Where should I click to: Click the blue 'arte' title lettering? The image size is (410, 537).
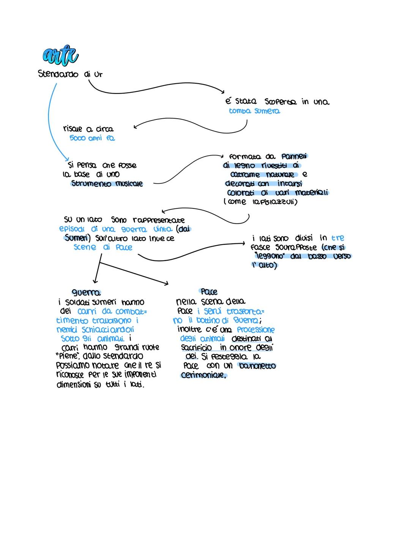tap(60, 57)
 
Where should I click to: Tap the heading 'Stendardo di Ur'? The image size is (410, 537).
tap(71, 74)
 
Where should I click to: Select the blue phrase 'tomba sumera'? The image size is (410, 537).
tap(254, 111)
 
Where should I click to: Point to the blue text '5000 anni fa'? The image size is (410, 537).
tap(92, 138)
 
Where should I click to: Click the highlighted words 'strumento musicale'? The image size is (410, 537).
tap(107, 184)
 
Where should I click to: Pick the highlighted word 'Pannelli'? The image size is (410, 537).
tap(295, 156)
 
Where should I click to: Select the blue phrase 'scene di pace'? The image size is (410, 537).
tap(103, 247)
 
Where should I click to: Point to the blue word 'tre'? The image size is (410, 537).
tap(337, 238)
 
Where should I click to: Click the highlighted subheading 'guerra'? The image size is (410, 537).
tap(86, 292)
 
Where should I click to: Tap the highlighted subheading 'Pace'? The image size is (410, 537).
tap(209, 292)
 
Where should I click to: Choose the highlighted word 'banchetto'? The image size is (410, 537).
tap(257, 366)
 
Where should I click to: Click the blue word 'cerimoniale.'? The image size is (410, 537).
tap(203, 375)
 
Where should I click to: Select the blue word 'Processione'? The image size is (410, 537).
tap(255, 329)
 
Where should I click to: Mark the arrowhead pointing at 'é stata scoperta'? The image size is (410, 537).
tap(222, 91)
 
